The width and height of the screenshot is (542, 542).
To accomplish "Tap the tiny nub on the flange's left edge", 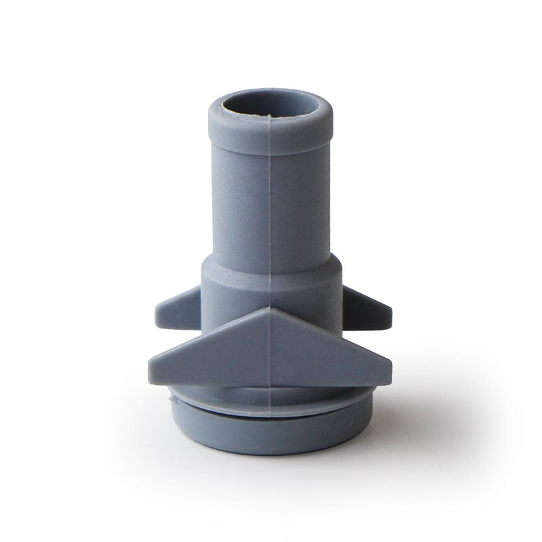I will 169,400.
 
